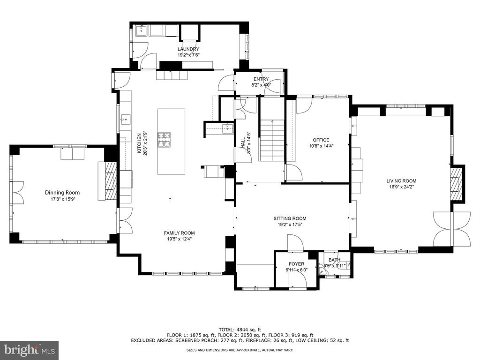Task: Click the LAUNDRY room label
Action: coord(188,49)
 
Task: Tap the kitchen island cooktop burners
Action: coord(164,140)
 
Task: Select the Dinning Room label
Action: coord(62,193)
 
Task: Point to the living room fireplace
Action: coord(456,183)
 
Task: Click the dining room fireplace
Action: coord(110,180)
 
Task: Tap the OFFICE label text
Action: coord(321,140)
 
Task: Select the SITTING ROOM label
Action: coord(290,218)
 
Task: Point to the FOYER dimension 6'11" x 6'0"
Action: coord(296,270)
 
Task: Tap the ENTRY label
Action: coord(261,79)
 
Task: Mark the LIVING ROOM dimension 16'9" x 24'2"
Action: coord(401,187)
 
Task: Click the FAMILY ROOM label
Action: coord(179,233)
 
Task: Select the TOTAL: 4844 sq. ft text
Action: coord(240,330)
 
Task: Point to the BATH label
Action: coord(334,260)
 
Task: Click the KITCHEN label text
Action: coord(139,143)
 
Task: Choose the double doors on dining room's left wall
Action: coord(17,193)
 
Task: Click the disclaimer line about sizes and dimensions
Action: coord(240,350)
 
